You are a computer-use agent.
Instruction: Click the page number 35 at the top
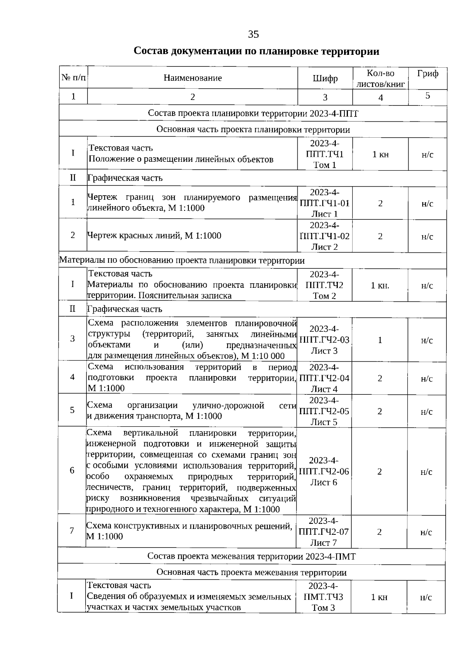(x=253, y=35)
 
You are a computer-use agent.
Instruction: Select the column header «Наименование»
(x=193, y=78)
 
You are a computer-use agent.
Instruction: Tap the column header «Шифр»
(x=325, y=79)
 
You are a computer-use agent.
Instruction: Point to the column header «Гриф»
(x=427, y=74)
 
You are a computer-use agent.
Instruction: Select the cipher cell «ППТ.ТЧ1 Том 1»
(x=325, y=154)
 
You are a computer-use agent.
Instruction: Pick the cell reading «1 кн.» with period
(x=380, y=285)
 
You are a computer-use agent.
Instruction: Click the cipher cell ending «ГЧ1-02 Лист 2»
(x=325, y=236)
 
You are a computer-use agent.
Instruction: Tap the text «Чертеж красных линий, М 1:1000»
(x=154, y=235)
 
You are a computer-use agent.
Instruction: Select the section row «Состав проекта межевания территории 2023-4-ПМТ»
(x=251, y=556)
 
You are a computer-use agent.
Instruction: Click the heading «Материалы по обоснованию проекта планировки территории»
(x=182, y=260)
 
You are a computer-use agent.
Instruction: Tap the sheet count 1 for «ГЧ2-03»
(x=380, y=340)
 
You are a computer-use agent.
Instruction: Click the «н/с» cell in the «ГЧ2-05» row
(x=427, y=411)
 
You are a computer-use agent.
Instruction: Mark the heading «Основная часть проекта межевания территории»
(x=251, y=572)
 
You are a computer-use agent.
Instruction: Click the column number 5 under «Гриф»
(x=427, y=96)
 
